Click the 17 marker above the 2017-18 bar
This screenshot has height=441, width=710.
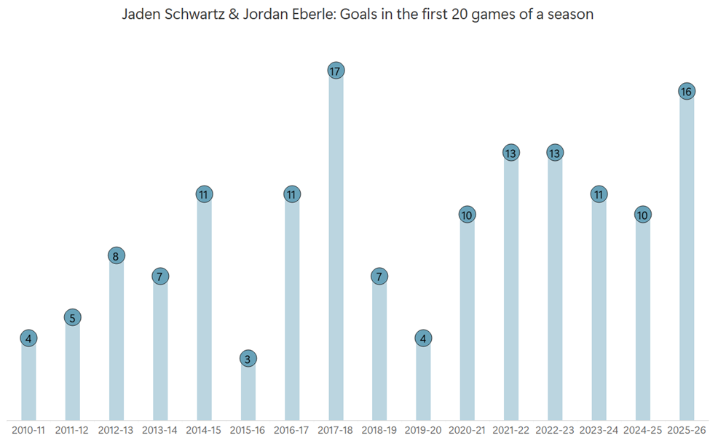point(336,71)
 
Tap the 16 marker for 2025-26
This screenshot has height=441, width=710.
point(686,91)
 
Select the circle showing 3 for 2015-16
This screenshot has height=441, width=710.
point(248,359)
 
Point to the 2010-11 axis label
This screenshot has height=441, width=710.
point(28,430)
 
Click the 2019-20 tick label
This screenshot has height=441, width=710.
point(423,430)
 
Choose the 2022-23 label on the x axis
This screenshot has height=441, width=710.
point(555,430)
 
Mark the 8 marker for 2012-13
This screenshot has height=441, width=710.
point(117,255)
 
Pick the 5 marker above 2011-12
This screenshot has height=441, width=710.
point(72,317)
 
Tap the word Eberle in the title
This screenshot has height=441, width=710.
point(307,15)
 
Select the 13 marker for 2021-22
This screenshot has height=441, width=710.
point(510,153)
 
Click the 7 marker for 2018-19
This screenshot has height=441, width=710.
point(379,277)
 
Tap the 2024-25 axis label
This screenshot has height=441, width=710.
point(642,430)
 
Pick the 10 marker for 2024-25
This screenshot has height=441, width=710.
point(642,215)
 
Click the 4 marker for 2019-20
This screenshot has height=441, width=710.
point(423,338)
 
